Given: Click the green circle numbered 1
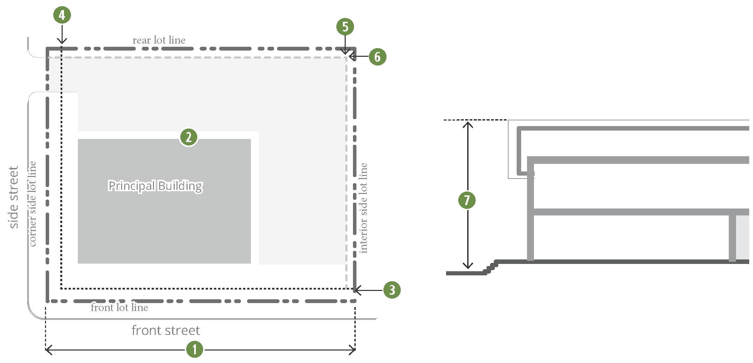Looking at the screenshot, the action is click(194, 349).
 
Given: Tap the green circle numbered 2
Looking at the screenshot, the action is click(189, 137).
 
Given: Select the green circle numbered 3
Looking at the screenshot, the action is click(392, 290).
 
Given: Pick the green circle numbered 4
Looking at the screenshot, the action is click(62, 15).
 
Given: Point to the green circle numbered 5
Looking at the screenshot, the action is click(345, 27).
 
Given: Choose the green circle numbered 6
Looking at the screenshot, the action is click(377, 57).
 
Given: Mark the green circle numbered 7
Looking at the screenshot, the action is click(467, 200).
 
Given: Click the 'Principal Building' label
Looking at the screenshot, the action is click(155, 186).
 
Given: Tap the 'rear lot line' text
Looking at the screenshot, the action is click(159, 40).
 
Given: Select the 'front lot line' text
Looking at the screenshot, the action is click(119, 308).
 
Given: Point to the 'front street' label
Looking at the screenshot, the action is click(166, 330).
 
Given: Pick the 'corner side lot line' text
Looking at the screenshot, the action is click(32, 204).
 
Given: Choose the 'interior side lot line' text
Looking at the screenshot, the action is click(363, 208).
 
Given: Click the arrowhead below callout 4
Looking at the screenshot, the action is click(62, 42).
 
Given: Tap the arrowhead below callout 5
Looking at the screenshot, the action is click(345, 52).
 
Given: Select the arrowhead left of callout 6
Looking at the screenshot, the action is click(352, 56).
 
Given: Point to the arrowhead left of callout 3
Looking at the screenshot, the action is click(356, 290).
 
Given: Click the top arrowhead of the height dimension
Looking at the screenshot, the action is click(468, 123).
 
